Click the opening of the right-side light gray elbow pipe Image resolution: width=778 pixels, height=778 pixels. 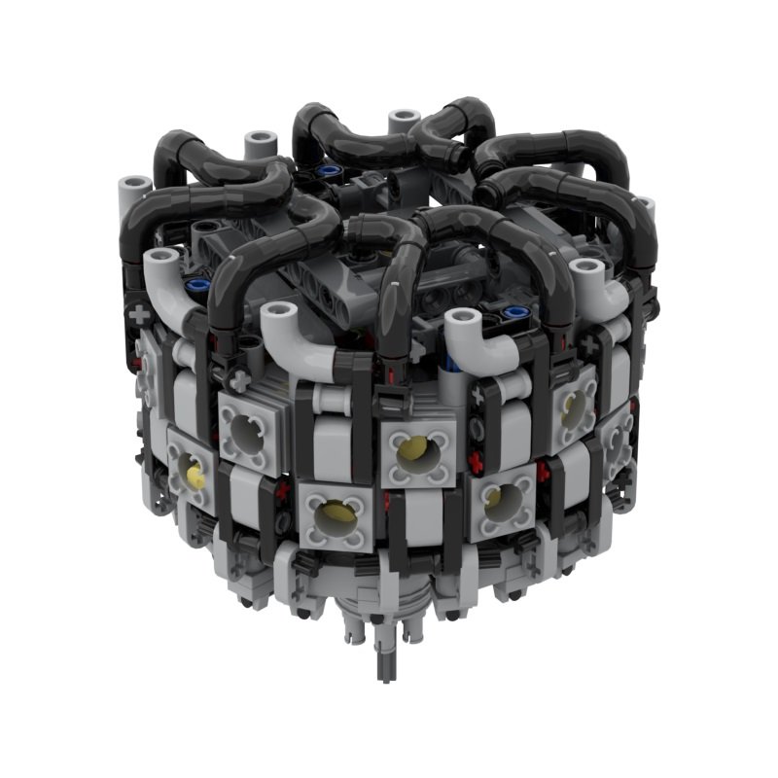click(584, 267)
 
